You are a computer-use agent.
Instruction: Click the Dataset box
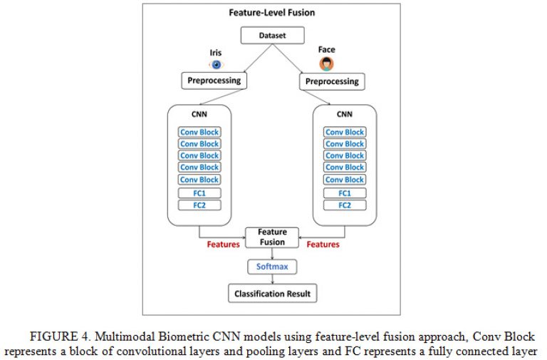(273, 35)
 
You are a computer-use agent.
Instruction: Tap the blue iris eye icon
(217, 65)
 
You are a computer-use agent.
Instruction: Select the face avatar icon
(326, 64)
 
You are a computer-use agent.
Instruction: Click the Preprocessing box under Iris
(214, 81)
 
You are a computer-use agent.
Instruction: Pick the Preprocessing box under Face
(332, 82)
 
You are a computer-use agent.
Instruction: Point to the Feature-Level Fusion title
(272, 13)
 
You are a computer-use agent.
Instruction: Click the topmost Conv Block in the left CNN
(199, 132)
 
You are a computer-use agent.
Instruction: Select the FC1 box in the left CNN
(199, 193)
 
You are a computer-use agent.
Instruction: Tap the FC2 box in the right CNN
(345, 205)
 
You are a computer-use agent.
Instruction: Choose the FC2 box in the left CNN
(199, 205)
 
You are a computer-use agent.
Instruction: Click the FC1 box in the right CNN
(345, 193)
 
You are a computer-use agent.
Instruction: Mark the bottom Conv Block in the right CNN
(345, 180)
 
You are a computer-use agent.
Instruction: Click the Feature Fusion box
(272, 237)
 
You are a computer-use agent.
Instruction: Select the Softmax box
(272, 267)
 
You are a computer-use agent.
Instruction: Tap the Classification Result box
(273, 293)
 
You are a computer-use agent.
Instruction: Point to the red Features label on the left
(223, 245)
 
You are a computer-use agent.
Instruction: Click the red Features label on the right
(323, 245)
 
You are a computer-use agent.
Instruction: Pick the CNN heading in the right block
(345, 114)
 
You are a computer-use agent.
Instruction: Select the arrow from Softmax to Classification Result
(273, 279)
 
